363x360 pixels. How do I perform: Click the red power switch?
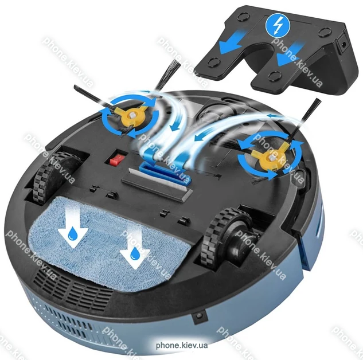tap(116, 159)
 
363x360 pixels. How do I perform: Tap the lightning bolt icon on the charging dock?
tap(278, 26)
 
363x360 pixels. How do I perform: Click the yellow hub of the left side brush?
tap(132, 115)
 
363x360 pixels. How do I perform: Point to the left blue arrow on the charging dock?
tap(232, 42)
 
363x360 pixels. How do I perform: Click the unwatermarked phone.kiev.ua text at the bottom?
tap(181, 346)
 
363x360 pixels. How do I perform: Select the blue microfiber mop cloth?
tap(109, 243)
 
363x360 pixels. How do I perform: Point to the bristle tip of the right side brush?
tap(317, 101)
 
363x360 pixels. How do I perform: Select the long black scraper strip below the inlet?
tap(157, 186)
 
